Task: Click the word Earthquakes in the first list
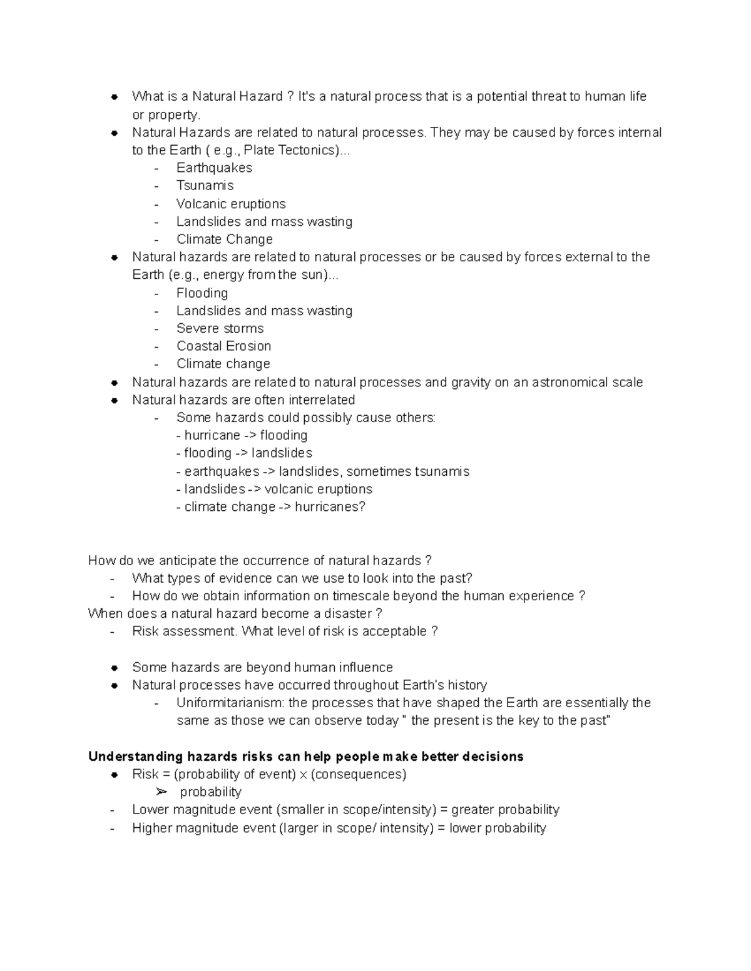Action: click(x=214, y=168)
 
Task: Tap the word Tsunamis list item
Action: click(x=205, y=186)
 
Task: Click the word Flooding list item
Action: click(x=202, y=293)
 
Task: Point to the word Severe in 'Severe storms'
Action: click(x=198, y=329)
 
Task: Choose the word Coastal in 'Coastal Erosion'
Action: click(x=198, y=346)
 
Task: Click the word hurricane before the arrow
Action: click(x=212, y=436)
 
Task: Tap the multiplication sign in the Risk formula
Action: click(x=303, y=775)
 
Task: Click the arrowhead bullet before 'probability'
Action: click(x=162, y=792)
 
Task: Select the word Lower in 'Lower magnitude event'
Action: click(x=150, y=810)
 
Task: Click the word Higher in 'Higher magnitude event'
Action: click(x=152, y=828)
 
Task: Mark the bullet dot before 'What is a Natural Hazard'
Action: click(x=115, y=97)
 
